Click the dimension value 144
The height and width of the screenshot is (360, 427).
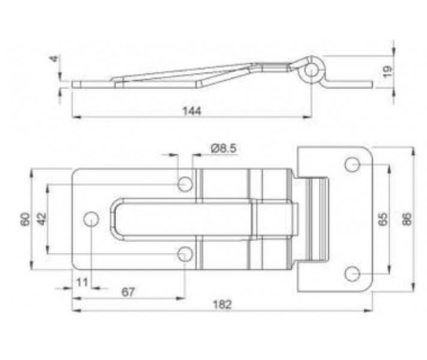coord(191,110)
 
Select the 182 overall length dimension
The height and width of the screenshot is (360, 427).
coord(222,304)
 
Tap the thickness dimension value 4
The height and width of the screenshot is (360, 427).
coord(55,59)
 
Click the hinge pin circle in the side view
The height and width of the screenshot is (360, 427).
coord(311,70)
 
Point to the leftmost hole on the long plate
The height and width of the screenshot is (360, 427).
coord(91,219)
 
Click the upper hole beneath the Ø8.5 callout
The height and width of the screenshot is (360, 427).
coord(185,183)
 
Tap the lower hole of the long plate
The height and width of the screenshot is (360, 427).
coord(185,255)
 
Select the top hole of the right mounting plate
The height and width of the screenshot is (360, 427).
coord(353,164)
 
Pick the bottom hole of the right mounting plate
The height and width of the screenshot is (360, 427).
coord(353,274)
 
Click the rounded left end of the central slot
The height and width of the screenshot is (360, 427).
coord(115,219)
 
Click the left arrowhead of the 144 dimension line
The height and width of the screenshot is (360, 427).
coord(74,117)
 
